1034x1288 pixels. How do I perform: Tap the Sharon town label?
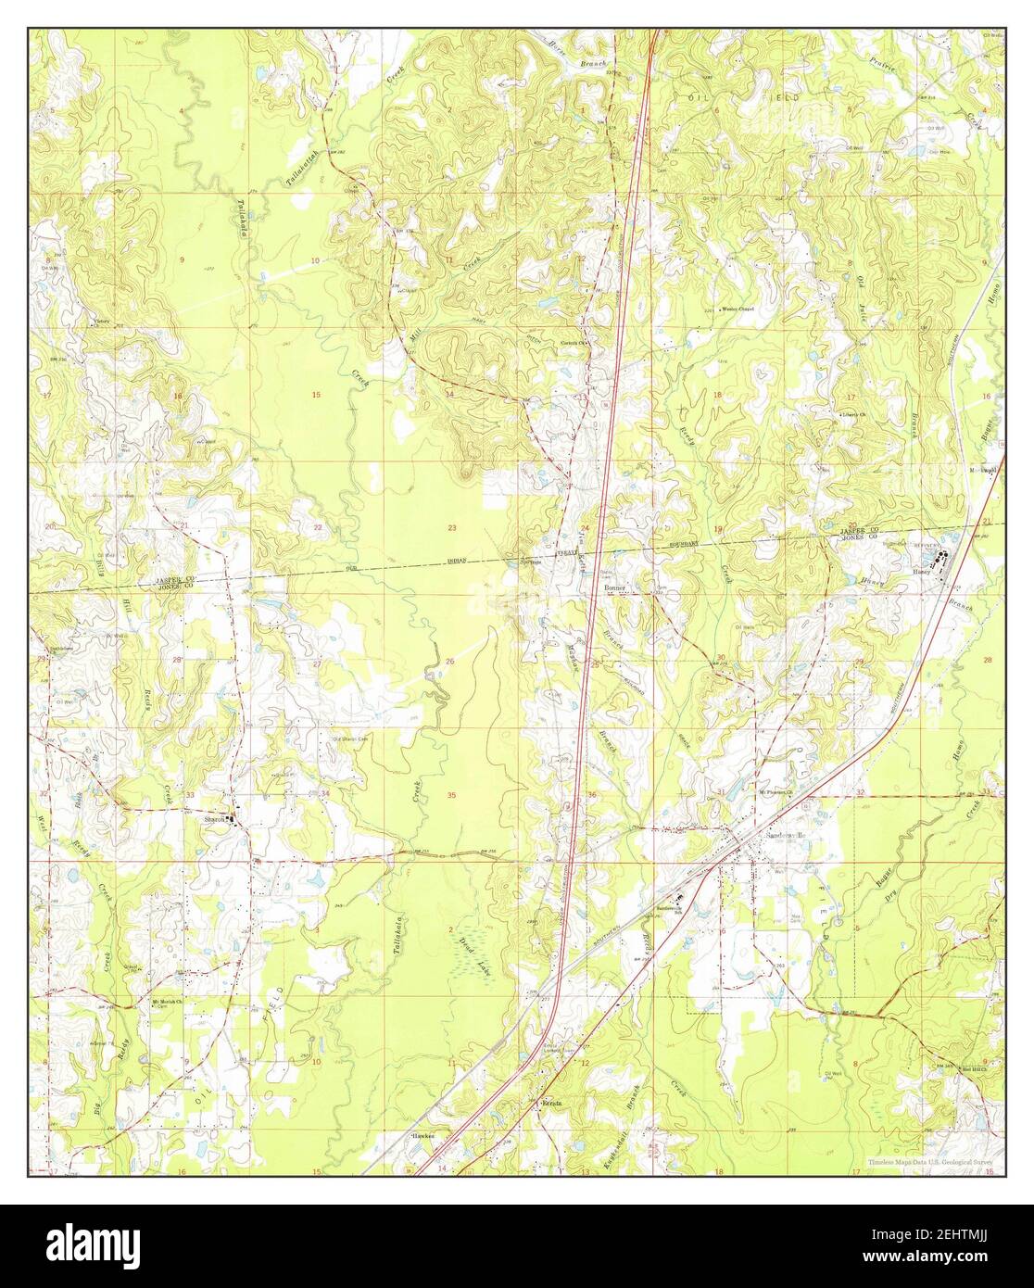coord(215,819)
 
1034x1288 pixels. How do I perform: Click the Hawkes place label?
coord(422,1134)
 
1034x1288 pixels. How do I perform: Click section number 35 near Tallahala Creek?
coord(451,796)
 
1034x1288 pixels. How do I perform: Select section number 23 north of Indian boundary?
coord(451,527)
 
